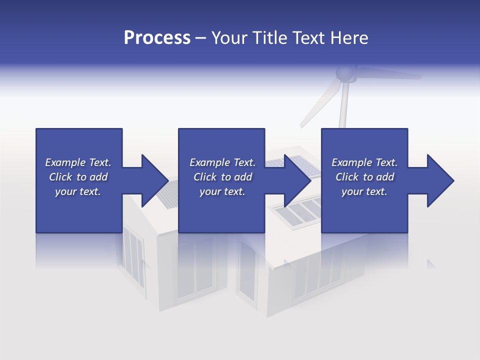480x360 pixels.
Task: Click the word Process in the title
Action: pos(157,38)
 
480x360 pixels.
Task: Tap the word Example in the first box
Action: pos(65,162)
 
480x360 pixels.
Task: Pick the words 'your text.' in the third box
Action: pos(364,191)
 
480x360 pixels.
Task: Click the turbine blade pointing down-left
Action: pos(315,107)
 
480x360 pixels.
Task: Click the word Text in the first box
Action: pos(99,162)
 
